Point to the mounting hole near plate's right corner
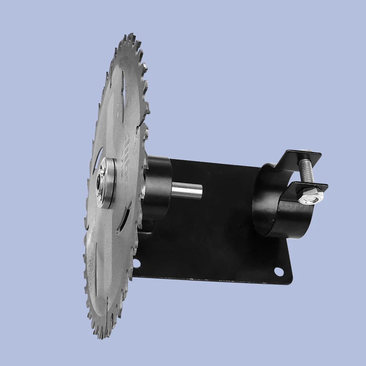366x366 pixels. coord(279,272)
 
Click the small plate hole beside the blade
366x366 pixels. coord(137,263)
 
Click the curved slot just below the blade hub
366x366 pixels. coord(124,219)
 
